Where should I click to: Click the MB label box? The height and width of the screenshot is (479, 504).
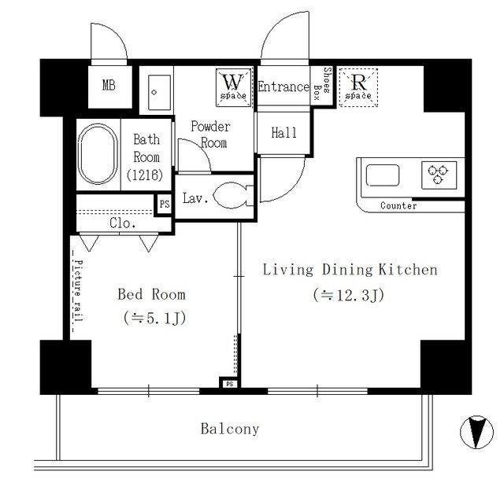coord(109,86)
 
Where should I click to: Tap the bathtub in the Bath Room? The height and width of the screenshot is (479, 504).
coord(98,154)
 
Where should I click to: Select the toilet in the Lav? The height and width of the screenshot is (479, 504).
coord(233,195)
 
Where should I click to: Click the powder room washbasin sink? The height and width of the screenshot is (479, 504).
coord(160,93)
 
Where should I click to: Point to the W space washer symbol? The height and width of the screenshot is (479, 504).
coord(234,87)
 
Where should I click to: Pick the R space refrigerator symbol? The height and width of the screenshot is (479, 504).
coord(358,87)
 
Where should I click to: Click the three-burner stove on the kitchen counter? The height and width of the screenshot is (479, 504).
coord(439,175)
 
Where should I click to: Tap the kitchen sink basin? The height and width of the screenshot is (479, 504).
coord(383,175)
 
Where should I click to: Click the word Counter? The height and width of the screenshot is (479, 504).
coord(398,206)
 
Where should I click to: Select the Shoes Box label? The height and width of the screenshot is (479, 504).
coord(322,84)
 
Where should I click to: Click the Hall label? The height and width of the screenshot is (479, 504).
coord(283,133)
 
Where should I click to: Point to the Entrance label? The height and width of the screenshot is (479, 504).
coord(283,87)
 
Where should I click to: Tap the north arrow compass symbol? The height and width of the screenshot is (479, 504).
coord(476,432)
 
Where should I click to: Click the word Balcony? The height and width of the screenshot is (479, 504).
coord(230,429)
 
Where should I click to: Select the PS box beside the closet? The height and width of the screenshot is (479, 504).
coord(165,204)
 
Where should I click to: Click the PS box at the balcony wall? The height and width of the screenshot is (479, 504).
coord(229,384)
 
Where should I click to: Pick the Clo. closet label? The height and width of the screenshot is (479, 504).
coord(123,223)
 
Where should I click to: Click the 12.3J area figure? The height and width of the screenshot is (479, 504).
coord(349,295)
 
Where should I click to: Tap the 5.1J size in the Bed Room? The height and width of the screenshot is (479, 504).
coord(154,319)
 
